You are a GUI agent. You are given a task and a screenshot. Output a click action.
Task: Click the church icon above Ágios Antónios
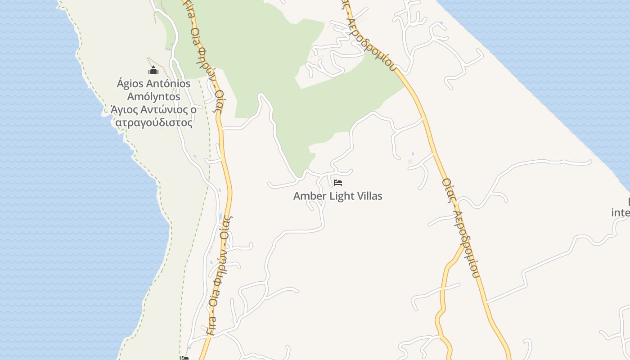tap(153, 71)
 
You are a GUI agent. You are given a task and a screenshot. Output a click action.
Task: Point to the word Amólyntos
tap(153, 97)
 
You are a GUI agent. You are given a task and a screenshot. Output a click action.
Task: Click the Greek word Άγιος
tap(124, 109)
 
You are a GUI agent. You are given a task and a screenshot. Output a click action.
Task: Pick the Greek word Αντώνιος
tap(165, 109)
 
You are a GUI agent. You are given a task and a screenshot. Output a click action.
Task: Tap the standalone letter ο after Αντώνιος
tap(193, 109)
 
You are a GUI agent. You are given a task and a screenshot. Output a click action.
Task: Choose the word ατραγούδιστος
tap(154, 122)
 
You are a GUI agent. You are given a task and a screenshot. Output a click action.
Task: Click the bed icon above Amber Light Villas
tap(338, 183)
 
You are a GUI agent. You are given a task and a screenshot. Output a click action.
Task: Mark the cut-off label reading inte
tap(621, 212)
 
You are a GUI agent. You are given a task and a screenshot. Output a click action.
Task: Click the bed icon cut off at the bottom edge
tap(184, 358)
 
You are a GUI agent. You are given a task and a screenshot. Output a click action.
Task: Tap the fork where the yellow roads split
tap(463, 246)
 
